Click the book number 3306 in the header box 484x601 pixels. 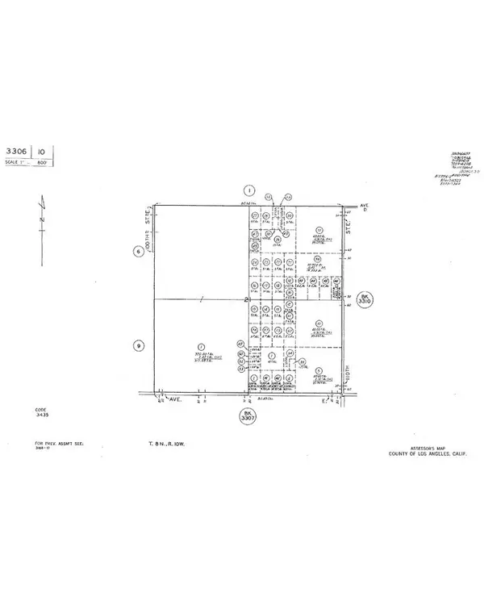16,151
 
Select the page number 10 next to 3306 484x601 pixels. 41,151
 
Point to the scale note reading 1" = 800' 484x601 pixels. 27,162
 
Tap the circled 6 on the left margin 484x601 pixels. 138,251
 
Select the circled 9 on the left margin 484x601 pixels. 138,346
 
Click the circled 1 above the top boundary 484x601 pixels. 249,190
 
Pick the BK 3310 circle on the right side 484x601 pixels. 365,301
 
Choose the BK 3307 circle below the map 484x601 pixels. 247,416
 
